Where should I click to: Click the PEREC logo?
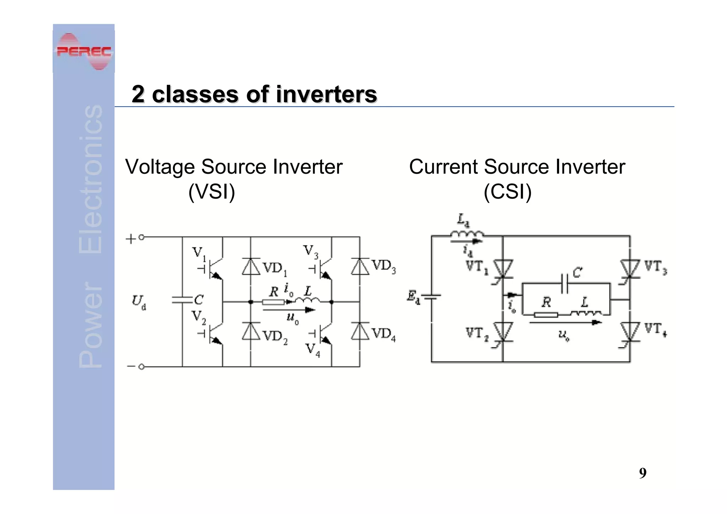(x=84, y=52)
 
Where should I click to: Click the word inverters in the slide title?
(x=326, y=94)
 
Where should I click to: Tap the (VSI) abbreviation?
(x=212, y=192)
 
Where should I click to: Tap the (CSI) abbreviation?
(x=507, y=192)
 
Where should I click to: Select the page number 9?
(x=643, y=473)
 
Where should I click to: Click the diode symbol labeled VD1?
(x=251, y=267)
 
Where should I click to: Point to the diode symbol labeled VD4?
(x=360, y=331)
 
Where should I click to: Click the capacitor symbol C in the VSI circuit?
(x=182, y=300)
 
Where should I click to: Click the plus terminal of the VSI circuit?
(x=141, y=237)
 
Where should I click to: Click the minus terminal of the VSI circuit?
(x=141, y=367)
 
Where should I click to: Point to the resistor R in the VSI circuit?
(x=273, y=302)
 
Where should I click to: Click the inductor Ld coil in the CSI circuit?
(x=467, y=234)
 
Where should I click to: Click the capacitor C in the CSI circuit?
(x=564, y=283)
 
